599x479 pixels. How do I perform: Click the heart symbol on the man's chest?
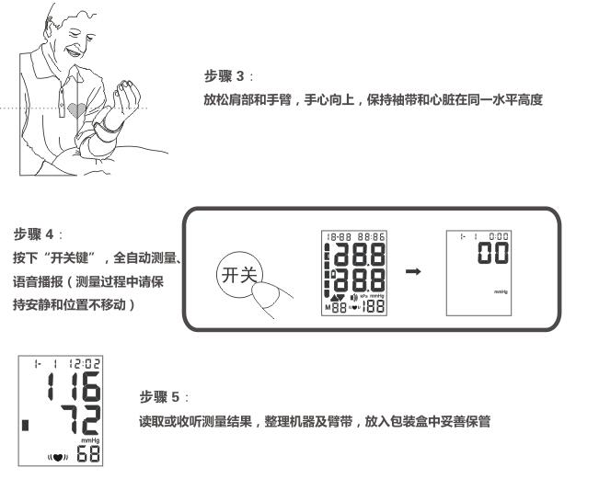coord(77,109)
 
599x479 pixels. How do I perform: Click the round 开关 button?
coord(237,275)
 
